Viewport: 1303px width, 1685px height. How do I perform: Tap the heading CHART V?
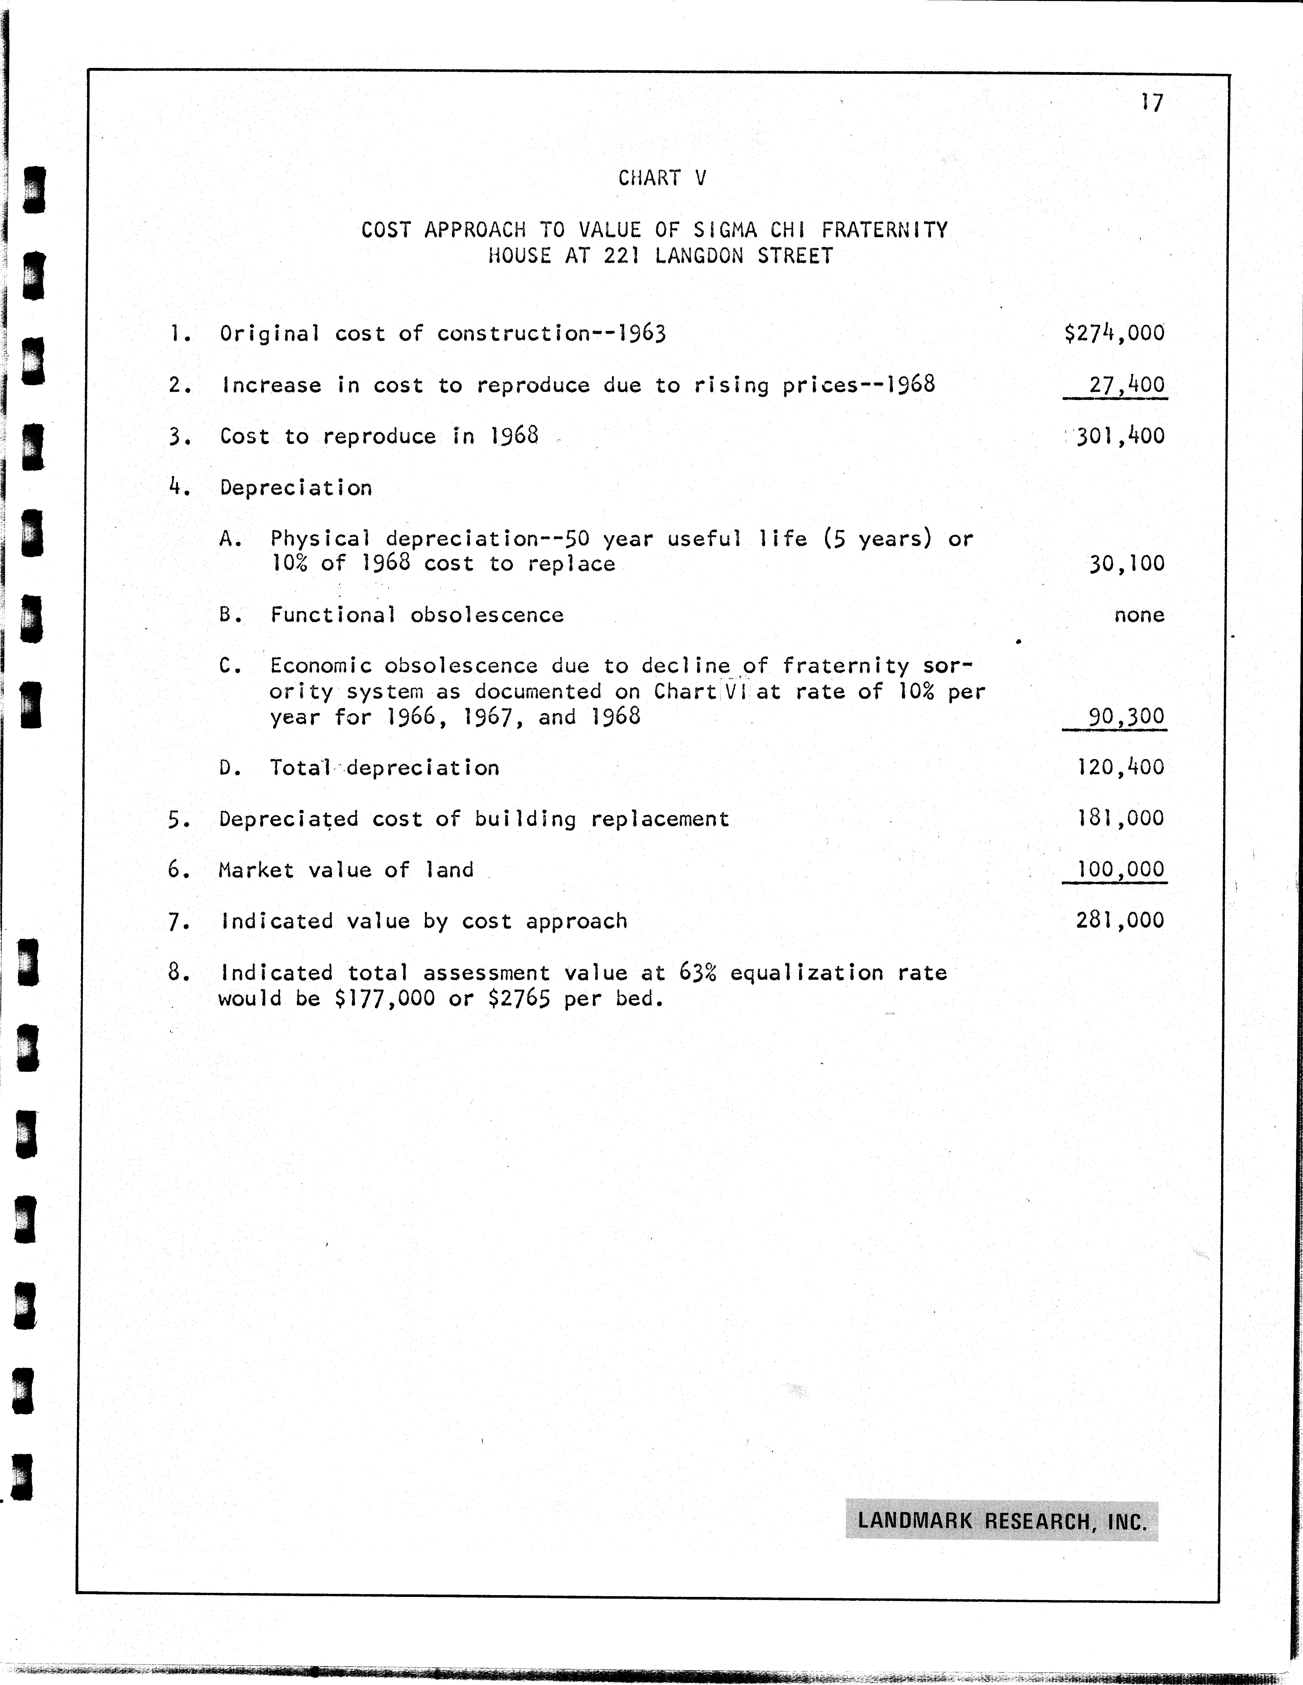pyautogui.click(x=662, y=178)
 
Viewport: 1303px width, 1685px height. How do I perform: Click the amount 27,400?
pyautogui.click(x=1126, y=384)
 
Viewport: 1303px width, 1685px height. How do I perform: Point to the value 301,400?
pyautogui.click(x=1120, y=436)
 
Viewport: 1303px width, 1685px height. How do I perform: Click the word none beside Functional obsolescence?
pyautogui.click(x=1139, y=615)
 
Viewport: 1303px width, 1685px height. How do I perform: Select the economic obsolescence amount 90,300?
pyautogui.click(x=1126, y=717)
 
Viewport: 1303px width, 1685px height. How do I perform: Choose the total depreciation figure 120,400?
pyautogui.click(x=1120, y=768)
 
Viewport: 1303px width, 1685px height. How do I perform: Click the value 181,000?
pyautogui.click(x=1120, y=819)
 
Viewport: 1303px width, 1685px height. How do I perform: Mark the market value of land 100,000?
pyautogui.click(x=1120, y=870)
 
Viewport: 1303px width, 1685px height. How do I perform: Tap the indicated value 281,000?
pyautogui.click(x=1120, y=920)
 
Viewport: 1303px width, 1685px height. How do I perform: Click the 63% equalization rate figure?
pyautogui.click(x=697, y=973)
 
